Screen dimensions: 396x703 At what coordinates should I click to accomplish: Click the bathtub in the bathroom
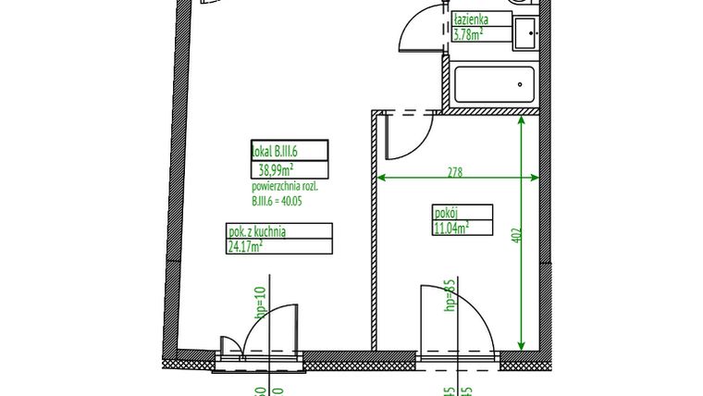click(x=494, y=86)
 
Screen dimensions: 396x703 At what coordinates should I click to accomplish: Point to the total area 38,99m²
click(x=277, y=169)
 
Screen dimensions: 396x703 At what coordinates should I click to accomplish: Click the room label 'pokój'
click(x=445, y=210)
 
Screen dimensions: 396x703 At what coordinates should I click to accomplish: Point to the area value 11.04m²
click(x=451, y=226)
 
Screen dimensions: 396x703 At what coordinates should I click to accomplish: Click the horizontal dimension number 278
click(x=454, y=172)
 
